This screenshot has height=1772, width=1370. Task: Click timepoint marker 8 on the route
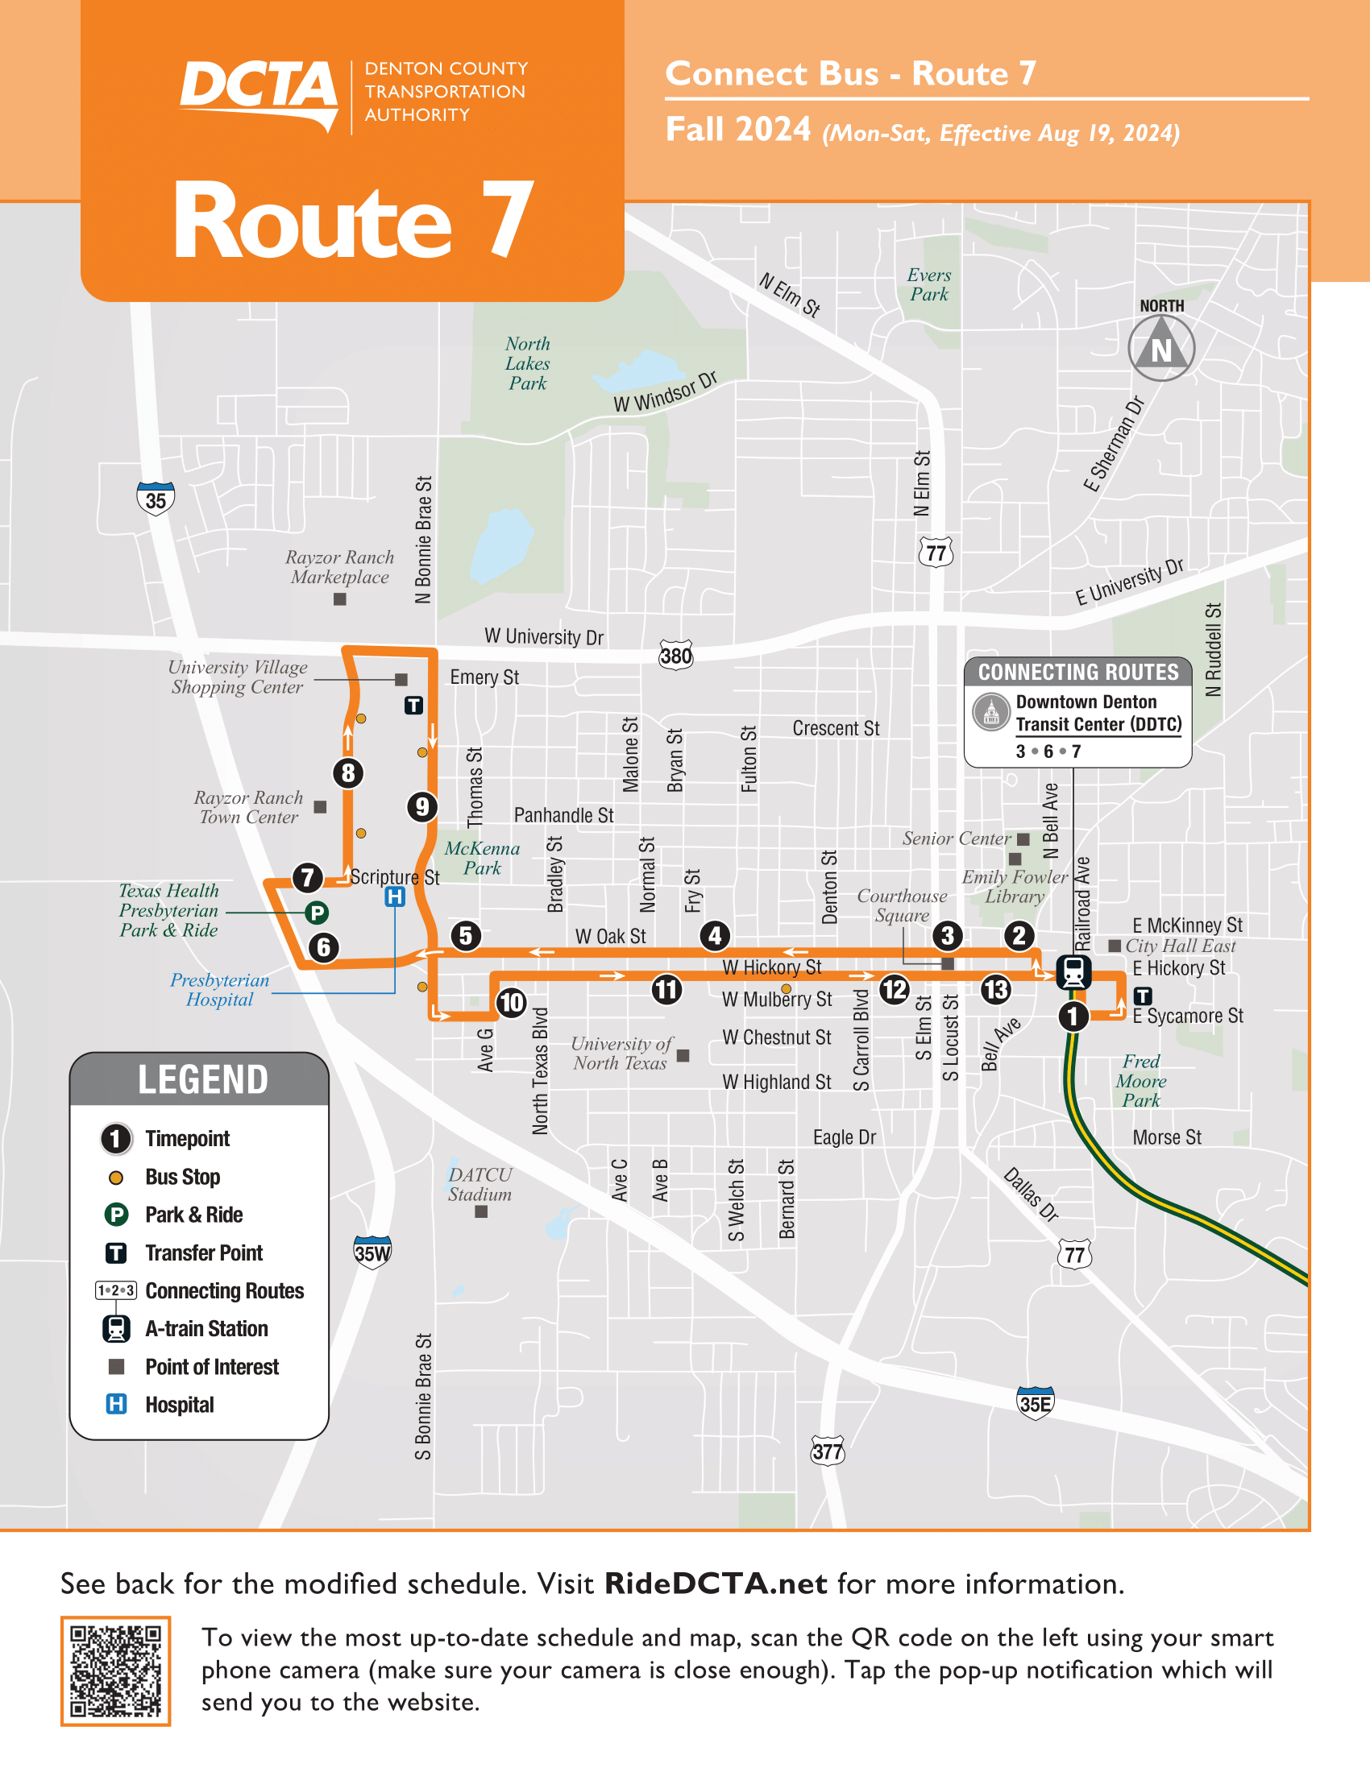point(348,772)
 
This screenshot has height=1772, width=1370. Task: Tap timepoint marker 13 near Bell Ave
point(996,989)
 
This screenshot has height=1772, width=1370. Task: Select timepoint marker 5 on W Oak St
point(465,935)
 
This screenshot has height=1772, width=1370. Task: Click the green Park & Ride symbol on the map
point(317,913)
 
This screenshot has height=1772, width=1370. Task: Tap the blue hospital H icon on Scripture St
point(394,896)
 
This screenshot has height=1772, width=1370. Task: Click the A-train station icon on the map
point(1073,971)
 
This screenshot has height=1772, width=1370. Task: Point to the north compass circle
point(1161,349)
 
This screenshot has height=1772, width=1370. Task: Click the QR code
point(115,1671)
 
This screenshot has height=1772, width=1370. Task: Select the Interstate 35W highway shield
point(372,1252)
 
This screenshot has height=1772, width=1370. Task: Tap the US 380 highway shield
point(676,655)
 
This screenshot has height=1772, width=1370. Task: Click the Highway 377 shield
point(827,1451)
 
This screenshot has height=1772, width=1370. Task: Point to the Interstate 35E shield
point(1036,1403)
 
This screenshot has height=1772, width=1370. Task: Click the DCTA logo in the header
point(258,93)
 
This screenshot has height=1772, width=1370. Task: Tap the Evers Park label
point(928,285)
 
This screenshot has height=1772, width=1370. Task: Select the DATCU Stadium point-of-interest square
point(481,1211)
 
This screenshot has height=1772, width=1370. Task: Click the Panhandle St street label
point(563,815)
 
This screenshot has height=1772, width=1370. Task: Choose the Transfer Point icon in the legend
point(116,1253)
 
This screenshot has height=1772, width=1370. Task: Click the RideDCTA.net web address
point(716,1584)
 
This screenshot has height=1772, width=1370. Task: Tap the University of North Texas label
point(621,1054)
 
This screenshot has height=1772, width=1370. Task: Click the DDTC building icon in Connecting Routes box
point(991,713)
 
